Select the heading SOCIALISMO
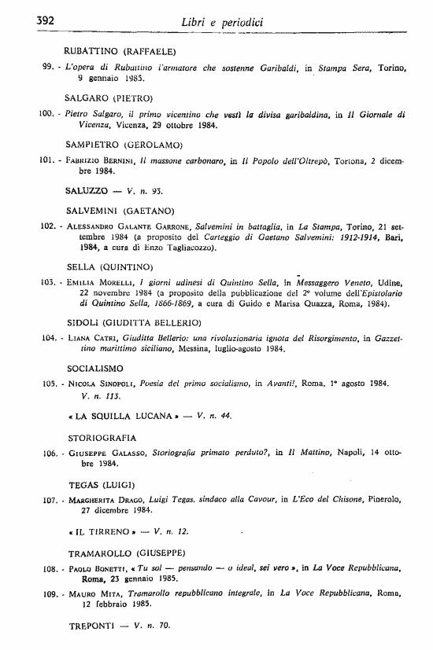pos(96,368)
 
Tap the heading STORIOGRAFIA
pos(102,437)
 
